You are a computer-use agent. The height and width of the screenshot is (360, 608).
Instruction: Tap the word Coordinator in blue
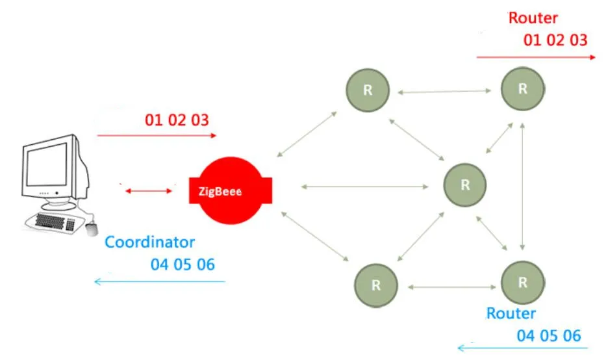coord(150,242)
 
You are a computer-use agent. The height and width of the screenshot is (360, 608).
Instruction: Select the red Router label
coord(533,18)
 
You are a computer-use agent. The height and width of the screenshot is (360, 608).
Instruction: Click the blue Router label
coord(511,314)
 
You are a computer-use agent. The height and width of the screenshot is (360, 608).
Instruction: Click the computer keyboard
coord(55,221)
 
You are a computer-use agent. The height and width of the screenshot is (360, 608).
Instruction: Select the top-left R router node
coord(368,90)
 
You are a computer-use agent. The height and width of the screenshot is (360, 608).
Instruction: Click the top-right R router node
coord(523,89)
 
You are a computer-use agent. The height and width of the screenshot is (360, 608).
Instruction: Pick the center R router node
coord(465,184)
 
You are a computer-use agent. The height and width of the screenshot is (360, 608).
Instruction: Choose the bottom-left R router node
coord(375,285)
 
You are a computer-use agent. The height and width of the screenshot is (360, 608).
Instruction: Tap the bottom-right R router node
coord(523,282)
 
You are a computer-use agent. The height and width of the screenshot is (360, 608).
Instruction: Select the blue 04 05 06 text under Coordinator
coord(183,264)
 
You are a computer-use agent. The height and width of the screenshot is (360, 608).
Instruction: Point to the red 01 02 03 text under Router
coord(555,40)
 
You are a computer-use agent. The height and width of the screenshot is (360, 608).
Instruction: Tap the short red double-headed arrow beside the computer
coord(149,191)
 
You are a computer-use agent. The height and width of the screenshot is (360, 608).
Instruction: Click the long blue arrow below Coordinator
coord(159,281)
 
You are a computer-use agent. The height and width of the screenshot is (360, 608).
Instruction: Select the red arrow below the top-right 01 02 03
coord(536,57)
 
